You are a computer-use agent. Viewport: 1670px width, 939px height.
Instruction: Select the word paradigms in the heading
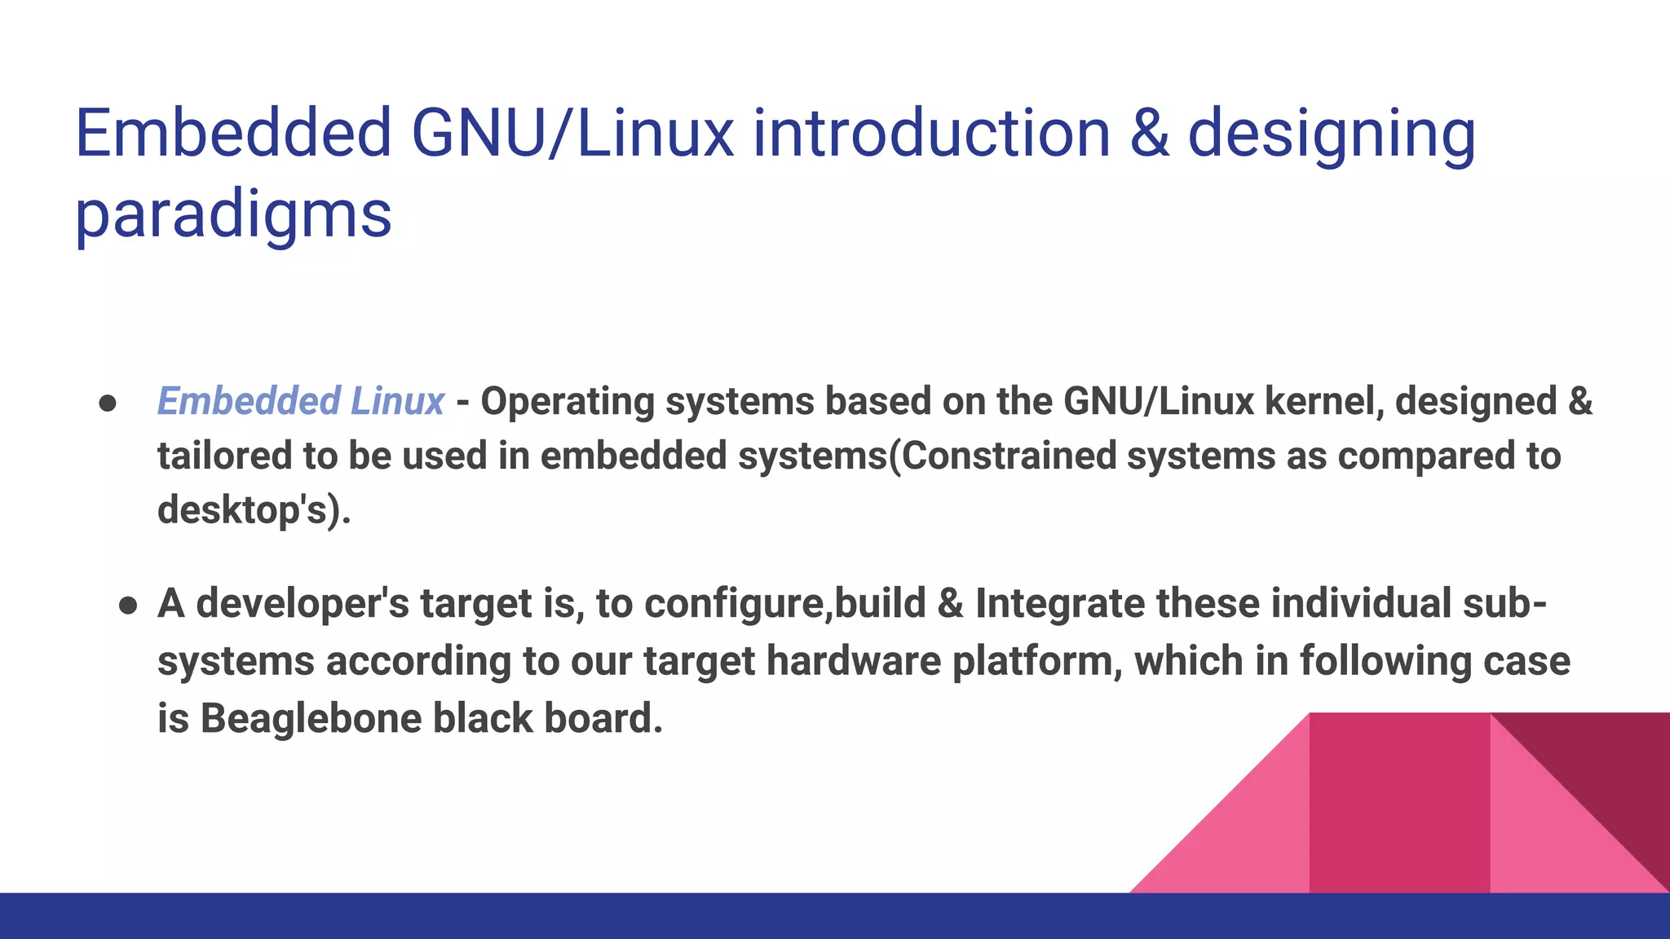click(x=233, y=215)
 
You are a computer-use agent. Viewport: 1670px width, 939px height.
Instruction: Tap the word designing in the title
click(x=1332, y=135)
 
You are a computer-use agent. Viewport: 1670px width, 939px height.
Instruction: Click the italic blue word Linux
click(x=397, y=401)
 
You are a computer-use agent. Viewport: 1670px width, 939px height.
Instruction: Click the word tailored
click(x=224, y=455)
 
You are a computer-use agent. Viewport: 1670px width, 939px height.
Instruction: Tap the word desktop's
click(x=241, y=510)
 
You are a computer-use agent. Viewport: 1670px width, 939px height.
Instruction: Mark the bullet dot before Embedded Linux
click(x=108, y=403)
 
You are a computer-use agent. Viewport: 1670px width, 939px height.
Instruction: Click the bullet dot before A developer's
click(x=128, y=606)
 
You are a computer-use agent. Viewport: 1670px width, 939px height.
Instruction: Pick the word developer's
click(x=303, y=605)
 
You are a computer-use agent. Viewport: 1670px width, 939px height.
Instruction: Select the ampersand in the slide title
click(x=1150, y=134)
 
